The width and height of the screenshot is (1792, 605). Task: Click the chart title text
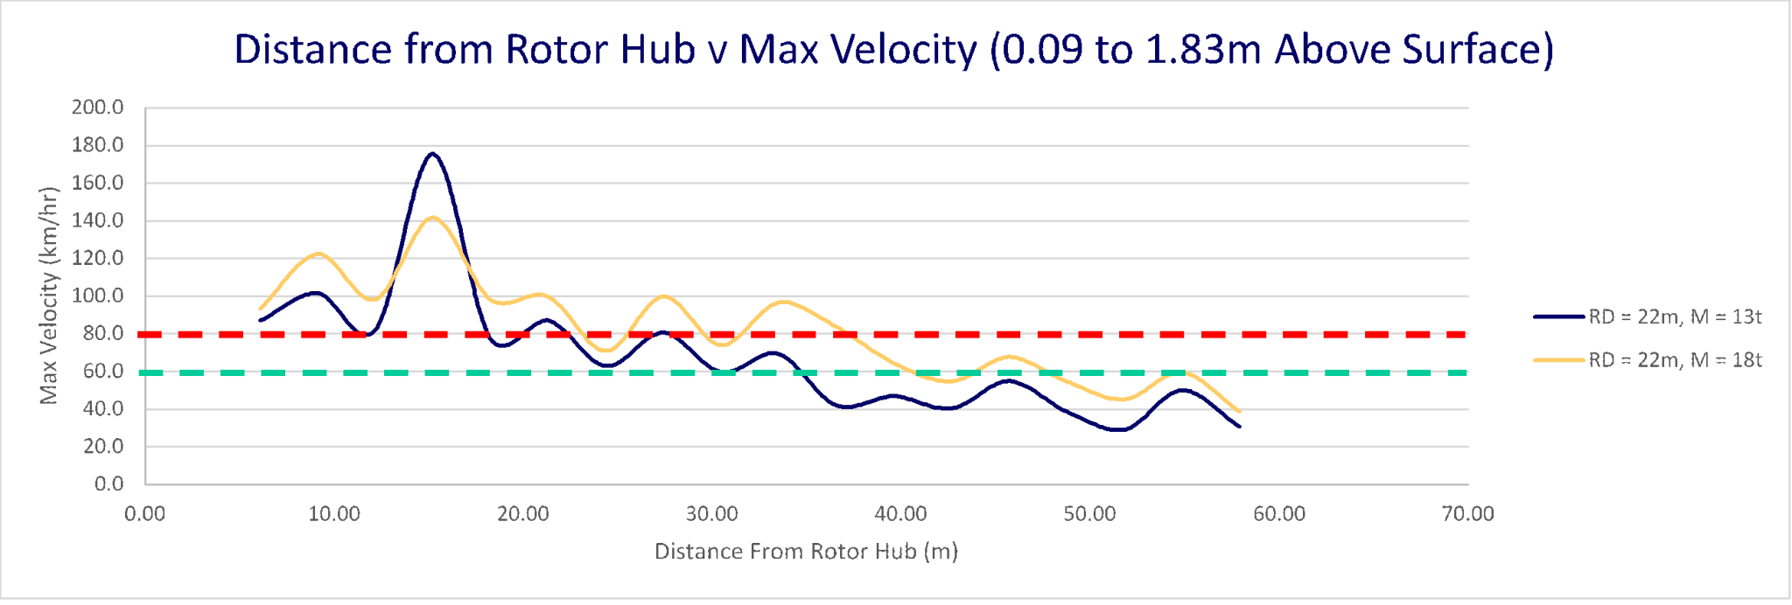click(893, 50)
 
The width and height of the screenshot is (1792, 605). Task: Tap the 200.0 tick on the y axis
click(98, 108)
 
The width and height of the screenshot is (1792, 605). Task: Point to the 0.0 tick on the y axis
click(108, 483)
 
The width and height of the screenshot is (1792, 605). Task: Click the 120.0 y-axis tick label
click(98, 258)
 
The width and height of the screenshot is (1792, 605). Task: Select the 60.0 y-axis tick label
click(101, 371)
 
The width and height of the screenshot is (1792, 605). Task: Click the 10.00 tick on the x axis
click(333, 514)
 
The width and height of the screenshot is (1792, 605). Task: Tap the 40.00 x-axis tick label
click(900, 514)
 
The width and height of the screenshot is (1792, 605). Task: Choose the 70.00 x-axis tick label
click(1467, 514)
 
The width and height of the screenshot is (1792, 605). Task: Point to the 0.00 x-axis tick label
click(145, 514)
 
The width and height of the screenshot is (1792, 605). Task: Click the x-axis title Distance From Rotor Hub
click(806, 552)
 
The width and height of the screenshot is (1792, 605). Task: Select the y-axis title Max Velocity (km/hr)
click(49, 296)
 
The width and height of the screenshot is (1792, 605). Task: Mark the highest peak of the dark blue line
click(432, 154)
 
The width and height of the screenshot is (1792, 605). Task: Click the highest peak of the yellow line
click(433, 217)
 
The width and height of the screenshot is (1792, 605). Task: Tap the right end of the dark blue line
click(1239, 427)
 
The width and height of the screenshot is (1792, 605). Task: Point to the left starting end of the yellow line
click(261, 309)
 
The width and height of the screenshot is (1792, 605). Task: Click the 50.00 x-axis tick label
click(1089, 514)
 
